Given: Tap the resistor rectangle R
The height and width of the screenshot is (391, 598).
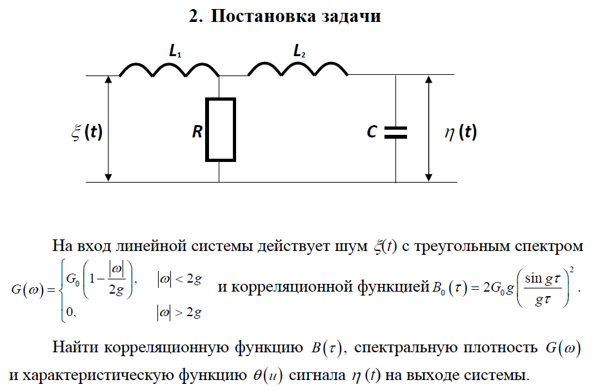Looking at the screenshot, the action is point(221,129).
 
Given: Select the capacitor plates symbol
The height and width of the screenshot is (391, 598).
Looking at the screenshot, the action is point(395,132).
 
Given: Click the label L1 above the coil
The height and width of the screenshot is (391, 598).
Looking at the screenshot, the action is point(175,52).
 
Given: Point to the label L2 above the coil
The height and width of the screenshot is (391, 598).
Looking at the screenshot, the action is point(299,52).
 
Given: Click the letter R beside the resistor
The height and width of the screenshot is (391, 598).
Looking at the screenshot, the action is point(197,133).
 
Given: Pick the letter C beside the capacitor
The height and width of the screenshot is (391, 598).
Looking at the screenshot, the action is point(372,132).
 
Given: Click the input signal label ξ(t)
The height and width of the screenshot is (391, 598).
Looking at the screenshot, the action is point(86,132).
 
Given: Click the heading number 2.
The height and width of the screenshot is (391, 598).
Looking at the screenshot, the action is point(195,16).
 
